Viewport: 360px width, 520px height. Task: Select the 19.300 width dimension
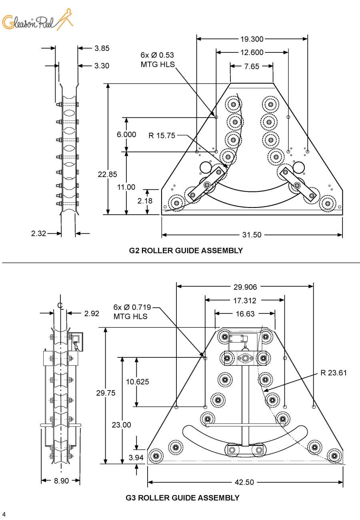point(252,39)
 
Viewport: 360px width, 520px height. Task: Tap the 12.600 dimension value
point(252,52)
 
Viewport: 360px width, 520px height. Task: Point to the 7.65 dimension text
point(252,66)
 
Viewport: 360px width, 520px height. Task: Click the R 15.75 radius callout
point(162,135)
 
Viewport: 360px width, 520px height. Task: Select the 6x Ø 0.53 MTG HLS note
point(157,60)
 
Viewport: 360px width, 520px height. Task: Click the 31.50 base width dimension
point(252,235)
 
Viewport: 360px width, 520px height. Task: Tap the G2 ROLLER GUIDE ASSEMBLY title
point(186,251)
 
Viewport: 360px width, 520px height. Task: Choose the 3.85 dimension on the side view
point(102,48)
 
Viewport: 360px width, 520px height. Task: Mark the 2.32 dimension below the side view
point(39,233)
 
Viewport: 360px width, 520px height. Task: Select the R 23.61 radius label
point(334,373)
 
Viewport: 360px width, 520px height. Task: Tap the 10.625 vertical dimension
point(137,382)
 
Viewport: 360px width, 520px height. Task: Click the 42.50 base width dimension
point(244,482)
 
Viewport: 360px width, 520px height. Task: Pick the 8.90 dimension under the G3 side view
point(61,481)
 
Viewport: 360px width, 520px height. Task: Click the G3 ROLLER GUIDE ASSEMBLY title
point(182,498)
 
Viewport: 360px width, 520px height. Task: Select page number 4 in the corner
point(4,514)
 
